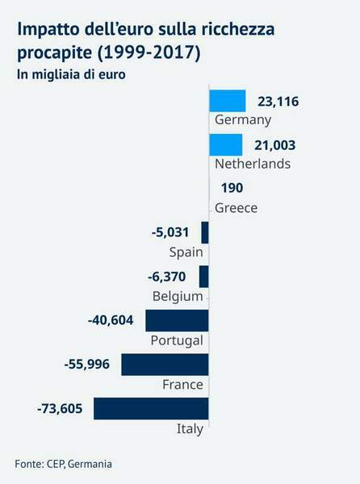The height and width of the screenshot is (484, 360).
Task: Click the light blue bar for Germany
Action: [227, 101]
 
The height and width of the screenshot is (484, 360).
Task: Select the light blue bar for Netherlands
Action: [225, 145]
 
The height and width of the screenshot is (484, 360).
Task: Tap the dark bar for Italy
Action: [151, 408]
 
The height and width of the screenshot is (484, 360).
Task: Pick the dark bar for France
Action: [165, 365]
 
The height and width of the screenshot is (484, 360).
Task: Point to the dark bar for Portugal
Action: [177, 320]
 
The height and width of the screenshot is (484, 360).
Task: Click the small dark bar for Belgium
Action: [204, 277]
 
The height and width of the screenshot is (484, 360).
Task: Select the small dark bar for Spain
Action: [205, 233]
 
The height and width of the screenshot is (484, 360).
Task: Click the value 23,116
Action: [278, 102]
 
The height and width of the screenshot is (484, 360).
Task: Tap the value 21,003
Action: [275, 145]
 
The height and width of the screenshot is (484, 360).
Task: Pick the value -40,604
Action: [113, 320]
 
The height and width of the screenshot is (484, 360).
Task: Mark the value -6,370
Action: [168, 277]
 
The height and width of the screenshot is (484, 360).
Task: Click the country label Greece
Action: [236, 208]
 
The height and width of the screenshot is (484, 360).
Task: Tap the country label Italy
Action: [190, 428]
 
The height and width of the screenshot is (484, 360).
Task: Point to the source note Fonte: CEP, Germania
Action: [63, 464]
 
